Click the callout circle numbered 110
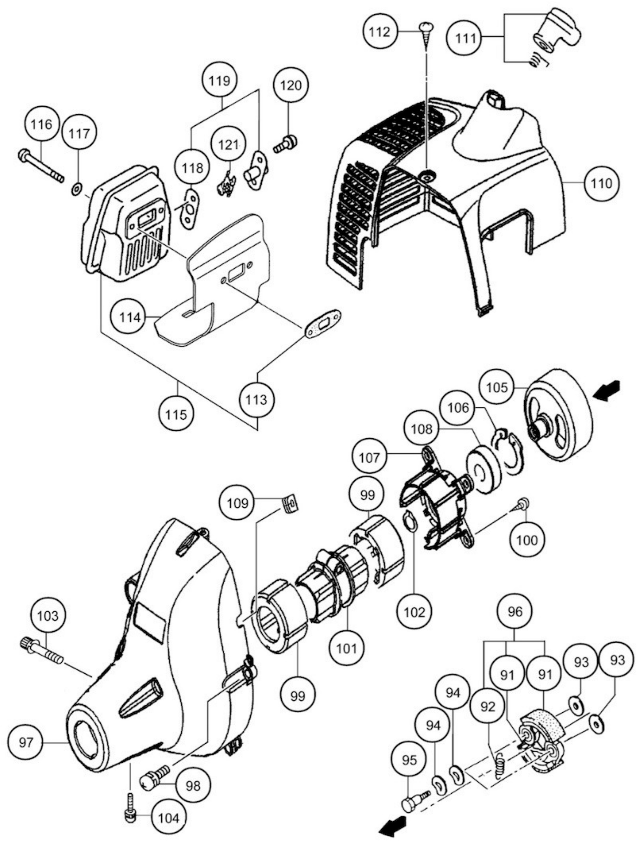pyautogui.click(x=601, y=183)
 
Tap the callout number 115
pyautogui.click(x=176, y=414)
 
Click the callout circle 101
pyautogui.click(x=347, y=647)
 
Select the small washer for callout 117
pyautogui.click(x=77, y=188)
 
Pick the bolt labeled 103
pyautogui.click(x=41, y=653)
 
